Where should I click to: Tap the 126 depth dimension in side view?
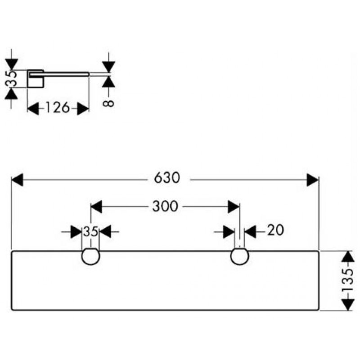pyautogui.click(x=57, y=108)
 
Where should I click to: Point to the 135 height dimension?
pyautogui.click(x=346, y=281)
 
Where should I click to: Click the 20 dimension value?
pyautogui.click(x=275, y=231)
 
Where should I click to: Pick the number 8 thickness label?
pyautogui.click(x=108, y=103)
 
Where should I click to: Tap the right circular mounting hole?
pyautogui.click(x=239, y=256)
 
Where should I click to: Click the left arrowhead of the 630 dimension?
pyautogui.click(x=17, y=180)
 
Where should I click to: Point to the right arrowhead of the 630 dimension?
pyautogui.click(x=312, y=180)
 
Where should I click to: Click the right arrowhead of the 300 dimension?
pyautogui.click(x=233, y=207)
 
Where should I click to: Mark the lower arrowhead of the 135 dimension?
pyautogui.click(x=346, y=305)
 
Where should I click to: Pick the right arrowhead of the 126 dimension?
pyautogui.click(x=83, y=108)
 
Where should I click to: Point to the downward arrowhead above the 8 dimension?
pyautogui.click(x=108, y=66)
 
